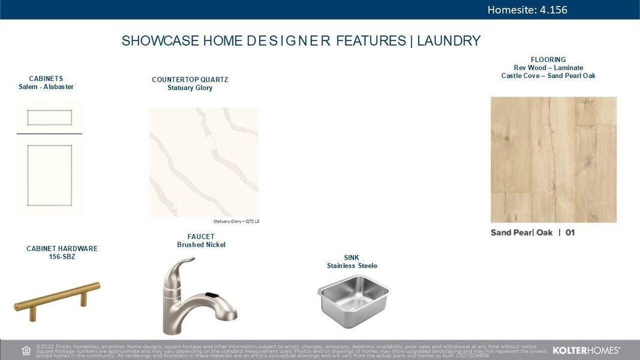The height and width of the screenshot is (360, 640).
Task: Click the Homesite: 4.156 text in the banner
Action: point(527,10)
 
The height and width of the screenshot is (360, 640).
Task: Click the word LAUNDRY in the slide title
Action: point(449,41)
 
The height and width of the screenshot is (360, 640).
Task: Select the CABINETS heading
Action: point(46,79)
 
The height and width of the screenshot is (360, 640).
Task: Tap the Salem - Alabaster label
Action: point(46,87)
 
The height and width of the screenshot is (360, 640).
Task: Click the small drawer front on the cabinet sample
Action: point(49,117)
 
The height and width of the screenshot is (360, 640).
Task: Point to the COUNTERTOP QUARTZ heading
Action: point(190,80)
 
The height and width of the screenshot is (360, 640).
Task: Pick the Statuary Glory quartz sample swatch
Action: point(203,162)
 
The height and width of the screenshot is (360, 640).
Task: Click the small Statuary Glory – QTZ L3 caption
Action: point(236,221)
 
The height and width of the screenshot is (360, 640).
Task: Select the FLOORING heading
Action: point(548,60)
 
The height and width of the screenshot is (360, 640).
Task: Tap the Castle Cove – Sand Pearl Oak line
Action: point(548,76)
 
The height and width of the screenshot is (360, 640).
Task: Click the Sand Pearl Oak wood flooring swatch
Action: point(553,160)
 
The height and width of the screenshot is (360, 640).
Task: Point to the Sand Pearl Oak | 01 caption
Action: point(533,233)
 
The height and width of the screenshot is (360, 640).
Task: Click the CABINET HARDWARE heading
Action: point(62,248)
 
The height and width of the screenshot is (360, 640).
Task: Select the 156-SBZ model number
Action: point(62,257)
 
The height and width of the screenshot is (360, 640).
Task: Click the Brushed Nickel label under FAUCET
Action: point(201,245)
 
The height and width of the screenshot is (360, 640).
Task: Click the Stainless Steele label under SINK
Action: point(352,266)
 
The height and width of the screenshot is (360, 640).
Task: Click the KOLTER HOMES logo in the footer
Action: point(585,350)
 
